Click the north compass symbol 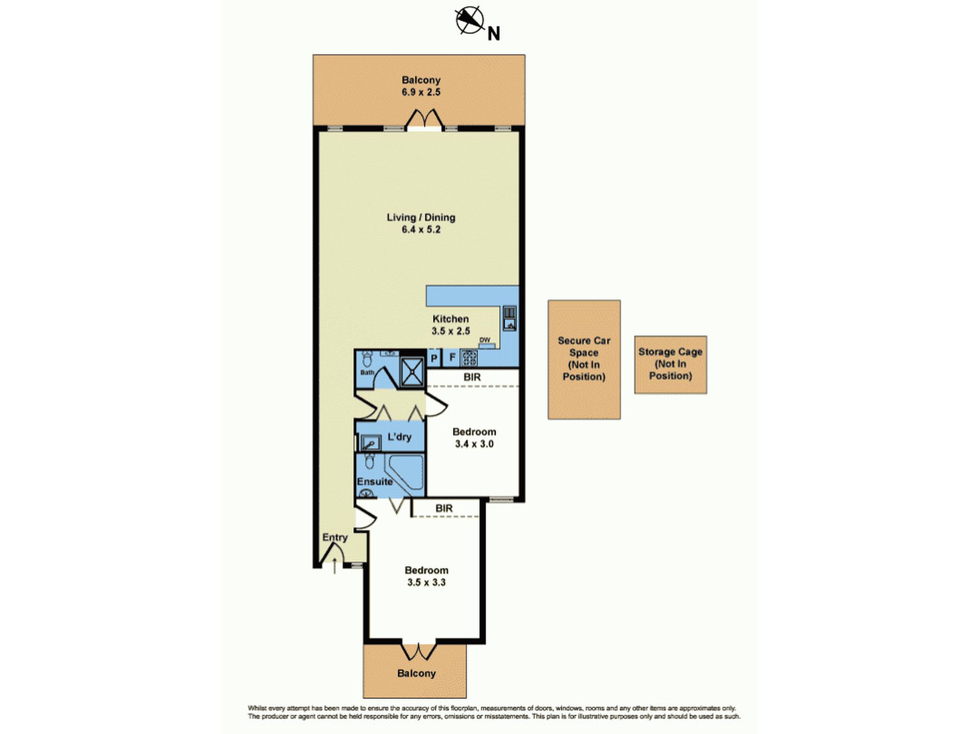(x=470, y=20)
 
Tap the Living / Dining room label (x=421, y=217)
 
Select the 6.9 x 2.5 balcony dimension (x=421, y=92)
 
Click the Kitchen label (x=450, y=319)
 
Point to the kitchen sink (x=509, y=318)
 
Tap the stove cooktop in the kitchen (x=469, y=357)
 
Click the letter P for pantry (x=434, y=358)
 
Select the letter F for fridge (x=452, y=357)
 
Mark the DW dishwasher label (x=484, y=340)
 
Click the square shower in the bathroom (x=412, y=370)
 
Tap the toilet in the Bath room (x=367, y=358)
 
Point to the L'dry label (x=399, y=437)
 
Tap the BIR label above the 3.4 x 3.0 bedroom (x=472, y=377)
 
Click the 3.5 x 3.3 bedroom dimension (x=426, y=583)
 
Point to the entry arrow (x=335, y=566)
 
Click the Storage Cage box (x=670, y=365)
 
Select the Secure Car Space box (x=584, y=360)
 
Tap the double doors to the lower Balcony (x=419, y=651)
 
